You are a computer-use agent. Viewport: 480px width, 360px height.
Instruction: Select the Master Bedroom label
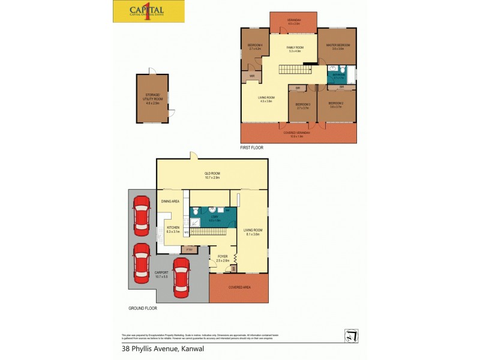tap(338, 47)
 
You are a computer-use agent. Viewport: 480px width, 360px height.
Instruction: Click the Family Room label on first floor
tap(294, 49)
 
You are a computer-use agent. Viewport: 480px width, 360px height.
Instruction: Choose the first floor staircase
tap(294, 70)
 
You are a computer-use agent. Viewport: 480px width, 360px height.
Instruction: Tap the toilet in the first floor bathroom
tap(332, 79)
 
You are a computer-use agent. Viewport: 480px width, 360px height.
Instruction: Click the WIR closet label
tap(252, 76)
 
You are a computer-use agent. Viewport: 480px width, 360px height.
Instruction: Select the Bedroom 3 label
tap(299, 106)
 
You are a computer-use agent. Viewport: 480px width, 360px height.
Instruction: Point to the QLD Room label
tap(212, 175)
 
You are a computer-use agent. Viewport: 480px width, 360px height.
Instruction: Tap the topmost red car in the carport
tap(142, 216)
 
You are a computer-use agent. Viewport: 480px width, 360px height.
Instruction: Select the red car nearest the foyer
tap(181, 277)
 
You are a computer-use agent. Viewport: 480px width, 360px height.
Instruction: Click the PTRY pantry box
tap(188, 249)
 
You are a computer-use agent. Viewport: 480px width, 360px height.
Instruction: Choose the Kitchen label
tap(173, 229)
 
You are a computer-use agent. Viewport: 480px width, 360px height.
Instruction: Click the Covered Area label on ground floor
tap(238, 287)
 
